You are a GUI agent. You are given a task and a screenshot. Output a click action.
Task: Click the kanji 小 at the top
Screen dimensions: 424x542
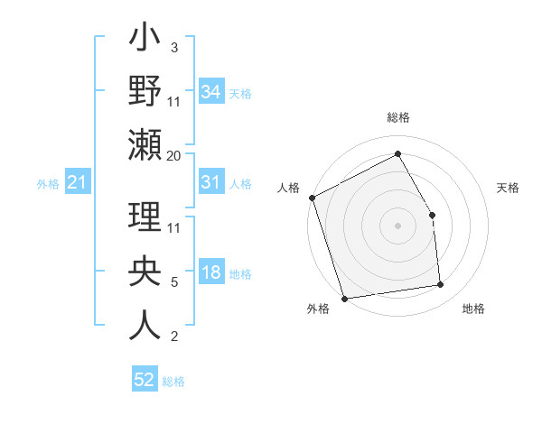(145, 41)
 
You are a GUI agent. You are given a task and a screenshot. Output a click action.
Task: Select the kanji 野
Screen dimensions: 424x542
(145, 92)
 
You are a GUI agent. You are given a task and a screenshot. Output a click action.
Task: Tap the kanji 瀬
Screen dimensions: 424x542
(145, 146)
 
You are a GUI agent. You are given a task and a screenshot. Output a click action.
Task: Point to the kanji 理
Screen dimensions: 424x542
(145, 220)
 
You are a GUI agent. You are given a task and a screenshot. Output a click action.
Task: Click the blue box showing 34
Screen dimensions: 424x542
(210, 91)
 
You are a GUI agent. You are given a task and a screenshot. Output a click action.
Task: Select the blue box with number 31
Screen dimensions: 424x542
(210, 182)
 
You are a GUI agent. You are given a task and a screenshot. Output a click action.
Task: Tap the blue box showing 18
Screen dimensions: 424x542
(210, 273)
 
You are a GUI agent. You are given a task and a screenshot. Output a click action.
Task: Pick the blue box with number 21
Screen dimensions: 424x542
(77, 183)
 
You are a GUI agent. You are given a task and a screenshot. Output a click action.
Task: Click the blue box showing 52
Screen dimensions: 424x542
(144, 380)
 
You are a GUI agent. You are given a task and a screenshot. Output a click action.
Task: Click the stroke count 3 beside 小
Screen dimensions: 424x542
(173, 47)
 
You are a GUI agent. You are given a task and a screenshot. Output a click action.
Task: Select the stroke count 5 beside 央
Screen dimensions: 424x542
(173, 282)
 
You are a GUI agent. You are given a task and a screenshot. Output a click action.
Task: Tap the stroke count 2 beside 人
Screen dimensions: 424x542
(173, 336)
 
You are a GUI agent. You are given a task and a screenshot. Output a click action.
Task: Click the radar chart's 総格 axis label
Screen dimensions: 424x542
(397, 117)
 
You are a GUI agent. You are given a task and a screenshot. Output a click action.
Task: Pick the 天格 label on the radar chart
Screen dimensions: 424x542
(508, 188)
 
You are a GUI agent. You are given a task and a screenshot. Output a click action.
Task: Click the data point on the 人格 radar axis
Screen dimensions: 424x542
(312, 198)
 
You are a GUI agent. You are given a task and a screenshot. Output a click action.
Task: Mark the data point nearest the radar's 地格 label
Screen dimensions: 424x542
(441, 285)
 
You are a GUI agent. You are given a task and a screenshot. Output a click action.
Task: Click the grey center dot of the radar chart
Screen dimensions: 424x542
(397, 226)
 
